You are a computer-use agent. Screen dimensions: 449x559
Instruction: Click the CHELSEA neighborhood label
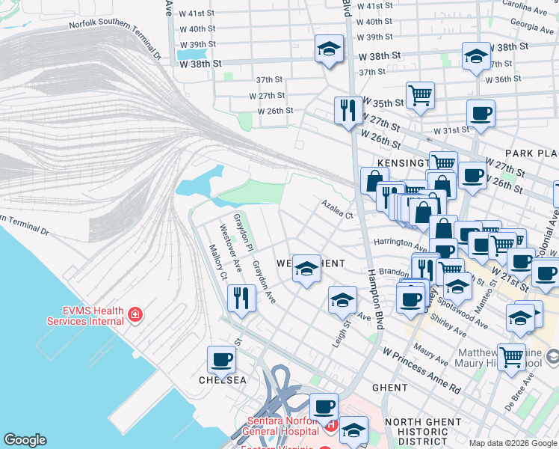tap(222, 380)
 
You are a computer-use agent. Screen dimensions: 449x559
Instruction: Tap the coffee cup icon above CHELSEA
tap(222, 359)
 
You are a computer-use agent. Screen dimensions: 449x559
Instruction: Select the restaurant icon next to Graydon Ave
tap(241, 297)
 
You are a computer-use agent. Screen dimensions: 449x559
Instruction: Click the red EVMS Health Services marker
tap(135, 314)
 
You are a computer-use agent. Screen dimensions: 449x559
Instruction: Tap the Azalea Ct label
tap(337, 209)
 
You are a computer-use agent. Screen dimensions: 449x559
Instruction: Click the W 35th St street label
tap(383, 103)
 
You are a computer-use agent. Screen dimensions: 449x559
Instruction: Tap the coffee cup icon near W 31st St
tap(481, 113)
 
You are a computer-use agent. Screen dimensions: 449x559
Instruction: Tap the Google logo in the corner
tap(25, 440)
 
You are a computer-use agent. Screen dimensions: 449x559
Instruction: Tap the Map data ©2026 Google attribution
tap(512, 443)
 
